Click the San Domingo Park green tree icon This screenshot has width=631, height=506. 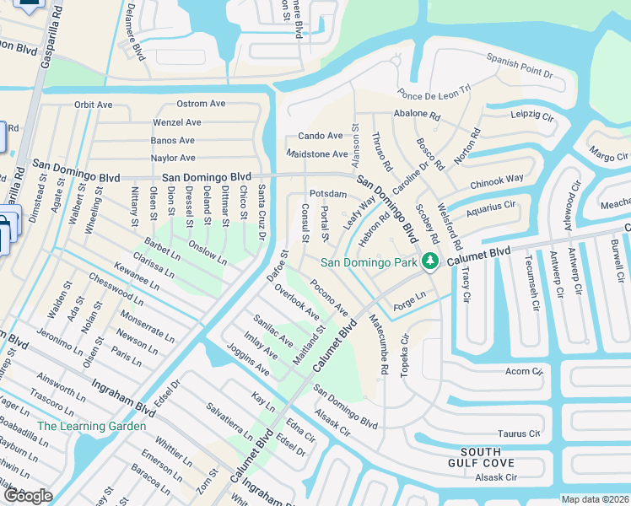[430, 261]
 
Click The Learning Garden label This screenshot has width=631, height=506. [91, 426]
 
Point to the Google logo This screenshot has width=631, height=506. [28, 496]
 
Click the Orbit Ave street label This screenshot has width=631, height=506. [93, 105]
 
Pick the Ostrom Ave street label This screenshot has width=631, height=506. [201, 104]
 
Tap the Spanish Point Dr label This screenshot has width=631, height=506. [519, 67]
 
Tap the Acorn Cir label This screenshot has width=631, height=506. [521, 371]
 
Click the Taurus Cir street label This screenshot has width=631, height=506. [519, 433]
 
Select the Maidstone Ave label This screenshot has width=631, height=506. [317, 154]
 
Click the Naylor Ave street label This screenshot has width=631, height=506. [173, 158]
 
